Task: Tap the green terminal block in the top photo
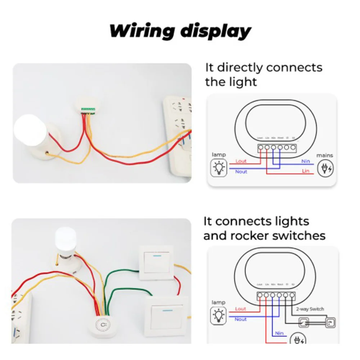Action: coord(89,109)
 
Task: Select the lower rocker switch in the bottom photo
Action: coord(167,316)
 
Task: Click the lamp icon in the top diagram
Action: coord(219,168)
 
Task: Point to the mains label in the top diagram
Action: coord(324,156)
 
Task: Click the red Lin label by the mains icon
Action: coord(306,171)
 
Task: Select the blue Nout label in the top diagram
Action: coord(241,172)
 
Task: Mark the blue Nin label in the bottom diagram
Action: coord(279,333)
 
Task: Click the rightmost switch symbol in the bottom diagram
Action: coord(329,323)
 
